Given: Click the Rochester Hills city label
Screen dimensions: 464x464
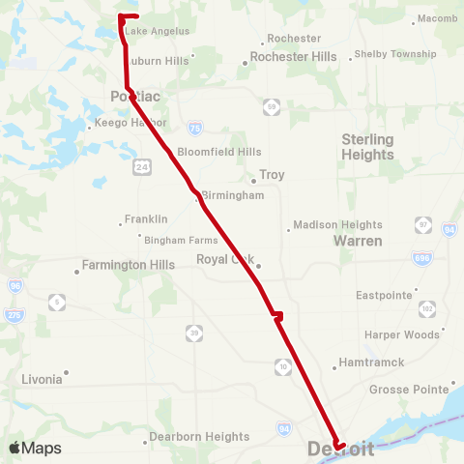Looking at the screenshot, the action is point(294,57).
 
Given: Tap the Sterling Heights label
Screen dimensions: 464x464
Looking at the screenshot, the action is point(368,146).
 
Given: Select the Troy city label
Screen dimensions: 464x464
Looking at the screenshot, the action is point(272,176).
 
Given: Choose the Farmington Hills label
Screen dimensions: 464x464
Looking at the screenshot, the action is point(128,264).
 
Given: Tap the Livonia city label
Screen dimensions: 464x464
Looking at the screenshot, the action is point(42,380).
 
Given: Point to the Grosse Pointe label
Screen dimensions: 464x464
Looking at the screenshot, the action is point(406,390).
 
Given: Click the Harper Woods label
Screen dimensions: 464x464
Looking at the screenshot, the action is point(401,334).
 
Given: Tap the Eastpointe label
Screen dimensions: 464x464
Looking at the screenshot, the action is point(386,295).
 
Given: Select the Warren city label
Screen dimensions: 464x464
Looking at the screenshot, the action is point(358,240).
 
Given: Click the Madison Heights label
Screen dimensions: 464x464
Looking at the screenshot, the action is point(338,225).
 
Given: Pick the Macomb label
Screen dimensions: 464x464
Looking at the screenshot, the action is point(429,19).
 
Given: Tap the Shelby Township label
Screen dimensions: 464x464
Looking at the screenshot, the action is point(395,54).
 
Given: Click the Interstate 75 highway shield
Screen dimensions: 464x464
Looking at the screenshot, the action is point(196,128).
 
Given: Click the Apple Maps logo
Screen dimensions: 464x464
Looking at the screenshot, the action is point(35,449).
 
